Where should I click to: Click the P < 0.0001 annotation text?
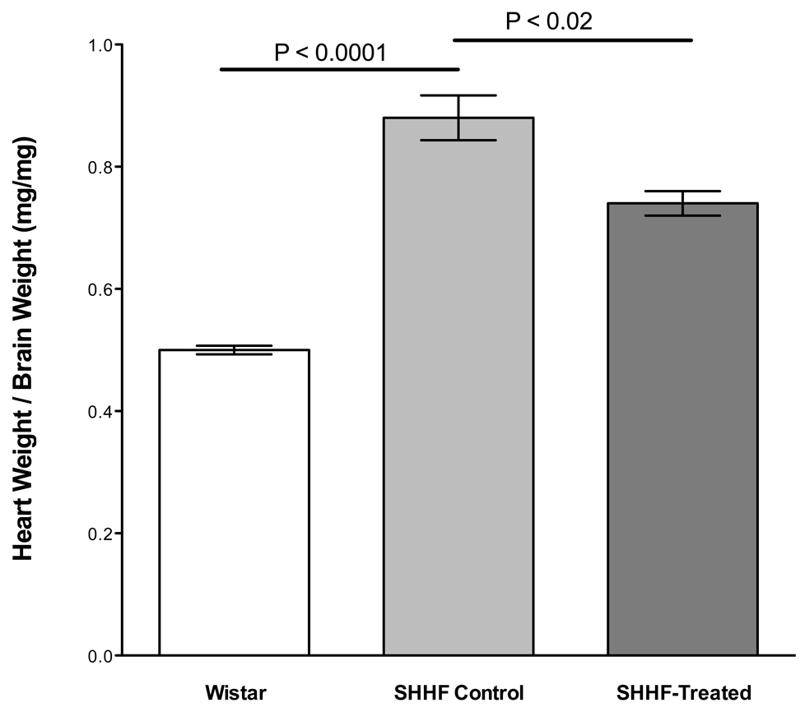click(x=331, y=53)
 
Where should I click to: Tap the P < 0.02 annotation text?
click(x=549, y=21)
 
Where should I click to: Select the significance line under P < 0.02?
click(x=573, y=39)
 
